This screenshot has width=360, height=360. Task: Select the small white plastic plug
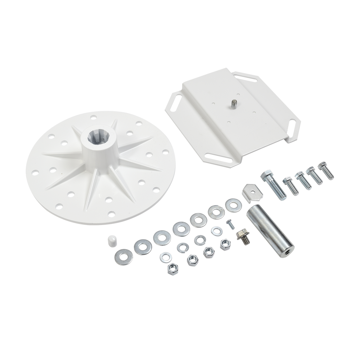click(112, 241)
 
